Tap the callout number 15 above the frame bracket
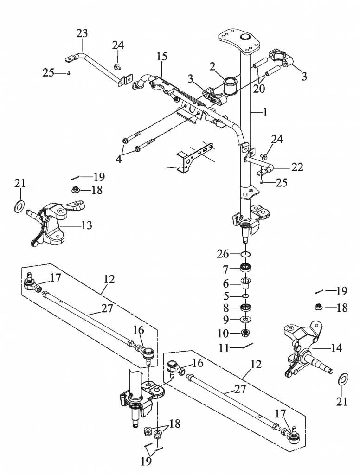[x=162, y=57]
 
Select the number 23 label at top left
[x=82, y=34]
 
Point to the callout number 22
[x=297, y=167]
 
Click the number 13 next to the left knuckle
[x=86, y=225]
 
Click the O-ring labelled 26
[x=246, y=254]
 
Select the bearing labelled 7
[x=246, y=269]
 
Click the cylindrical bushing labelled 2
[x=231, y=85]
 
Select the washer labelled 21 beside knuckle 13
[x=19, y=205]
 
